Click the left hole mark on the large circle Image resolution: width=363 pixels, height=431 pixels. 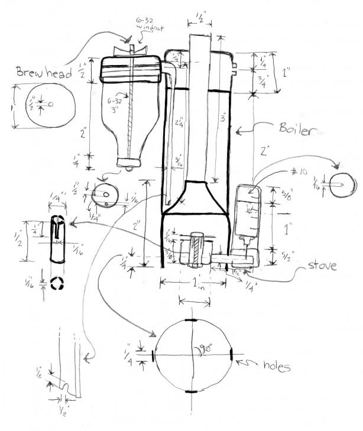pyautogui.click(x=154, y=356)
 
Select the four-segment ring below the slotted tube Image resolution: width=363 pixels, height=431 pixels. pyautogui.click(x=57, y=283)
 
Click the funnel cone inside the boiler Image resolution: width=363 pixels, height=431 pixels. pyautogui.click(x=195, y=198)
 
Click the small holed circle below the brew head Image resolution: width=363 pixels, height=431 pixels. pyautogui.click(x=106, y=195)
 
